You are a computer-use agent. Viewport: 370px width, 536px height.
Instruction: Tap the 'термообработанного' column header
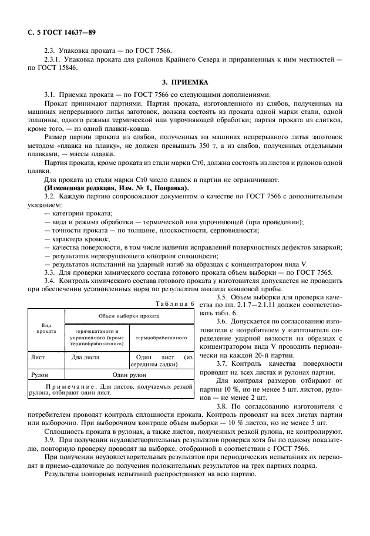(x=162, y=338)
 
